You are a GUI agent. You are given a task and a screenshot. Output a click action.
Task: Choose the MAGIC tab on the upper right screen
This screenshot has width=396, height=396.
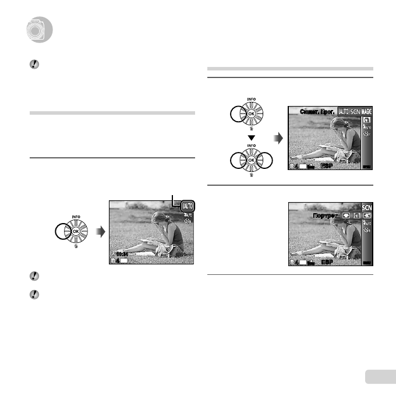pyautogui.click(x=366, y=111)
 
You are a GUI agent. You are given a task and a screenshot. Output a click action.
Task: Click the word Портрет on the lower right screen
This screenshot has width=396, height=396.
pyautogui.click(x=324, y=215)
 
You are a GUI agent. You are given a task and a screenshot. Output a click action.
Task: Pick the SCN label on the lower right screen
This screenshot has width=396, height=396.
pyautogui.click(x=366, y=207)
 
